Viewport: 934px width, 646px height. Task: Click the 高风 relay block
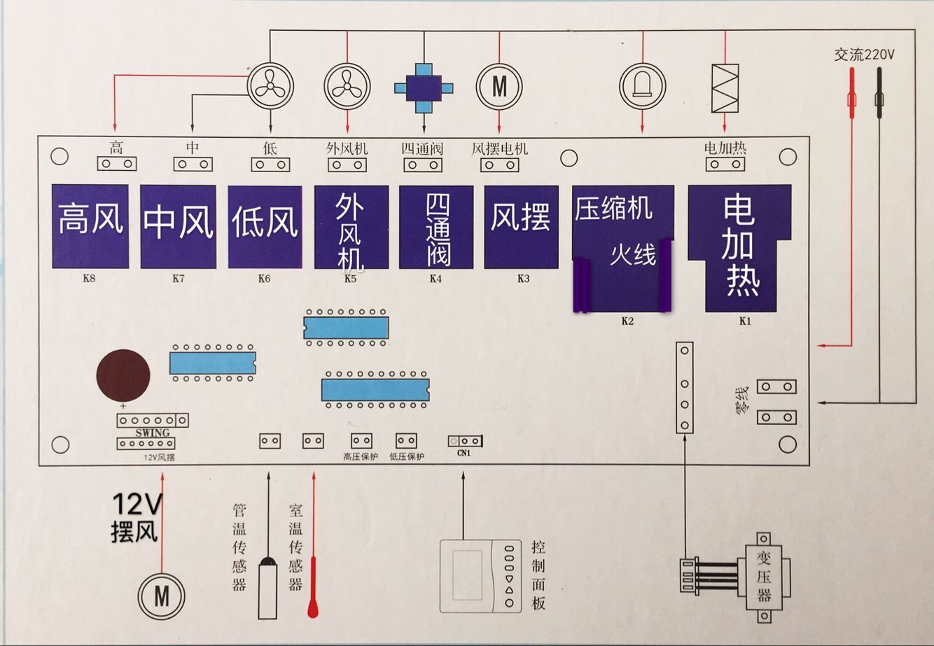(90, 226)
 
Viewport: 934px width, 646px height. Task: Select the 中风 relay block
(178, 226)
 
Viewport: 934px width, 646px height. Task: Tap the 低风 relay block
(265, 226)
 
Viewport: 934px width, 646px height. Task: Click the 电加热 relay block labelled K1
(740, 248)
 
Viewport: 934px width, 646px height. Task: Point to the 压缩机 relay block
(622, 248)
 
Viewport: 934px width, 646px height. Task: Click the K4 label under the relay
(435, 279)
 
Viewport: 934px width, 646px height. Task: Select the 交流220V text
(864, 55)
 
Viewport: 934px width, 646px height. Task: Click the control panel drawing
(481, 576)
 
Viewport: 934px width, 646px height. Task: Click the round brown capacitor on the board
(123, 376)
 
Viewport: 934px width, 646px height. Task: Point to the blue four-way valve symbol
(424, 87)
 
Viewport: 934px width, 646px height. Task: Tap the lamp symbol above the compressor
(642, 87)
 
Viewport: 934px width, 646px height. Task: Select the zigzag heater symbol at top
(725, 88)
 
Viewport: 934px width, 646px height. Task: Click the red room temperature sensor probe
(313, 588)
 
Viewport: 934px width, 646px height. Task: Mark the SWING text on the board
(153, 433)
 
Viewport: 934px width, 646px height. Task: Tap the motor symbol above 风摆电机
(499, 87)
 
